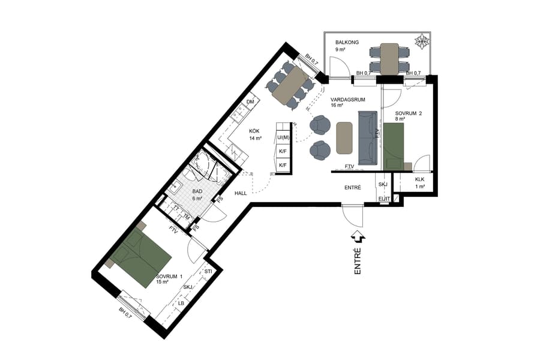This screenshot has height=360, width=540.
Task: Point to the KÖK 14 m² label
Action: (x=256, y=134)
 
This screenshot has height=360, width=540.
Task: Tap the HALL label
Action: (x=241, y=193)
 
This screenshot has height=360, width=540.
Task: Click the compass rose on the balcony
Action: (x=422, y=42)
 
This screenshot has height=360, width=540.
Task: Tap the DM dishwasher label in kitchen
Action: (x=251, y=103)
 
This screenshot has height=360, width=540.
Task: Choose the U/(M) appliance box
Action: (x=283, y=138)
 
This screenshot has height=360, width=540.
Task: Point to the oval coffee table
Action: (x=344, y=138)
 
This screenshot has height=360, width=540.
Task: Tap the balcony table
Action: (x=389, y=58)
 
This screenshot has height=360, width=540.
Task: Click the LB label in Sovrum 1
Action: (x=181, y=304)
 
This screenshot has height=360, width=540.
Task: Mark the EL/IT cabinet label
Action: (x=385, y=199)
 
